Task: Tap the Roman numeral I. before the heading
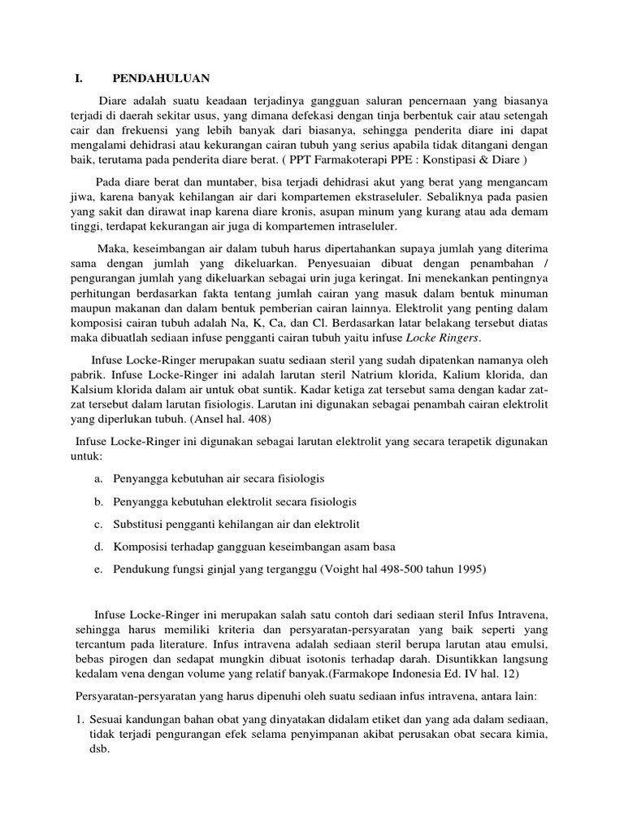79,78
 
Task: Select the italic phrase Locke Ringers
445,338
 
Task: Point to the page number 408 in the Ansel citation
258,419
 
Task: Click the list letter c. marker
97,523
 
